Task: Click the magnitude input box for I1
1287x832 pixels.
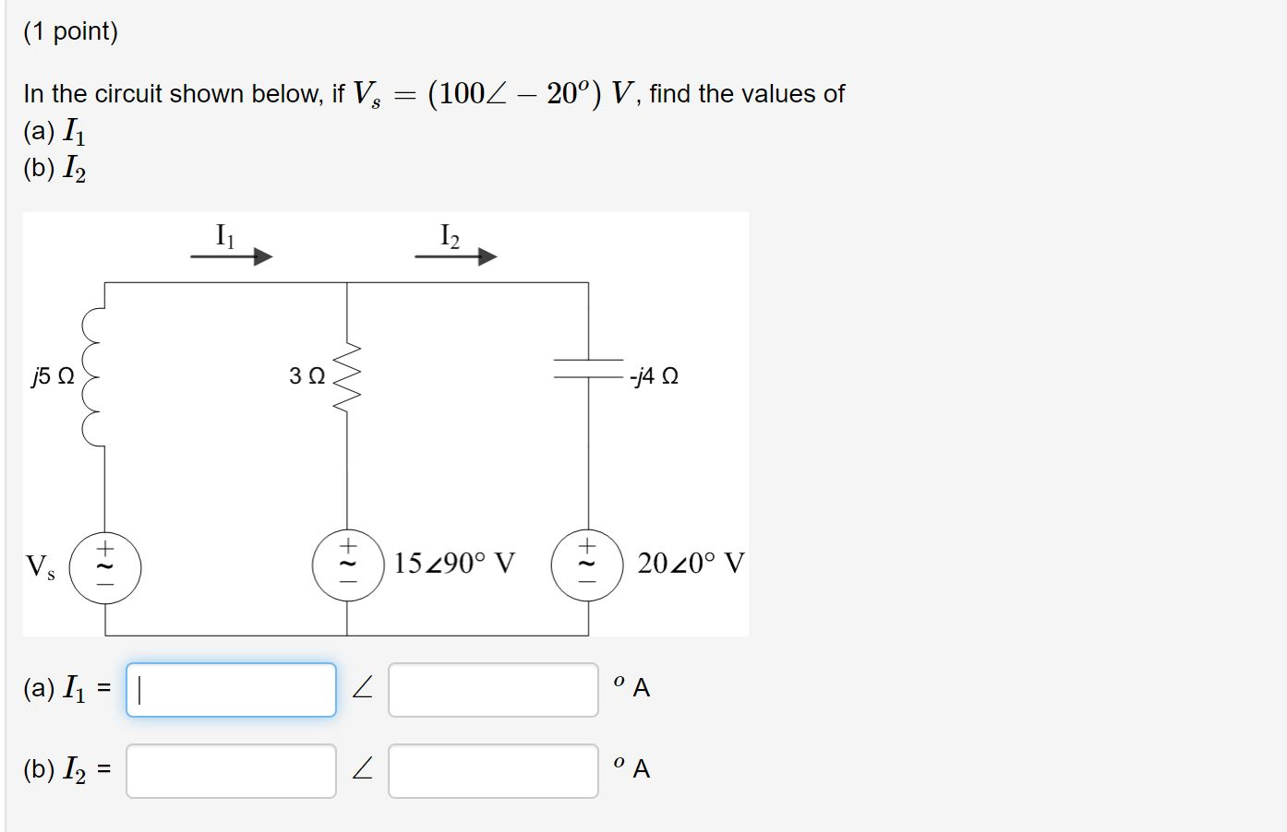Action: [231, 690]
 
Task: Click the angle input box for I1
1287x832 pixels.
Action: [493, 690]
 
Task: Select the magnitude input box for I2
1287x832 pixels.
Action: [231, 771]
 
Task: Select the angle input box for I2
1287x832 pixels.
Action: [493, 771]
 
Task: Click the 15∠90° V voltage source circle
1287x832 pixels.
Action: [347, 564]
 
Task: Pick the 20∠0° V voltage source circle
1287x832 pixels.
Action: [588, 564]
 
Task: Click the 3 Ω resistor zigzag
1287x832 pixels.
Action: [347, 375]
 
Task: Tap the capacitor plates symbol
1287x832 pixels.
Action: [588, 369]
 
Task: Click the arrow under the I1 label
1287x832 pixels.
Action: [231, 256]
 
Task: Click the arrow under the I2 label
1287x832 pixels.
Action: [455, 256]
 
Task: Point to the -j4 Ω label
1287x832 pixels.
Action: [655, 376]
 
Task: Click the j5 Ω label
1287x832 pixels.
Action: [53, 376]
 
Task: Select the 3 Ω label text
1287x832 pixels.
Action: [307, 376]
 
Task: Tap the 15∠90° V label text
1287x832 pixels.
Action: [454, 563]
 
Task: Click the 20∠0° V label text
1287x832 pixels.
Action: [690, 563]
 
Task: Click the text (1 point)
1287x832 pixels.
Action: [71, 32]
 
